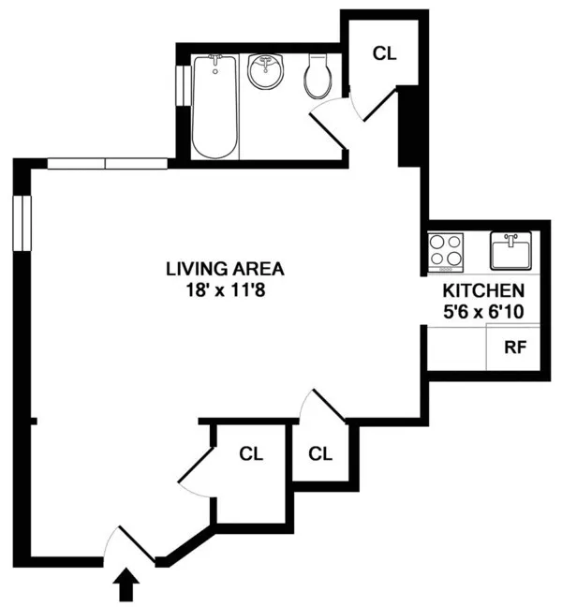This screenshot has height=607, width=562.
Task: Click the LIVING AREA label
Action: point(224,269)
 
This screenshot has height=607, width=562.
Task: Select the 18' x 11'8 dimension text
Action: point(224,289)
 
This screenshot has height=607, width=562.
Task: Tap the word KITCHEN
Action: point(483,291)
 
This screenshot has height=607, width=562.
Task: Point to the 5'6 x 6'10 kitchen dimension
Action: point(483,312)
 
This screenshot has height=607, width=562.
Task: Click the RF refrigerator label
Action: point(515,348)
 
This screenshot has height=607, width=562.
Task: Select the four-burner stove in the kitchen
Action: point(446,251)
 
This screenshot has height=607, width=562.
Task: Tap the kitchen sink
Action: point(510,250)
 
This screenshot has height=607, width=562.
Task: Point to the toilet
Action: point(318,77)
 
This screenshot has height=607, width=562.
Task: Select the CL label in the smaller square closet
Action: point(321,454)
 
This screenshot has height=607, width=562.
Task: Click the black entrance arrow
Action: point(126,587)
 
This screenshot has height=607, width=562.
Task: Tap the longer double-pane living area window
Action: point(107,164)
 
